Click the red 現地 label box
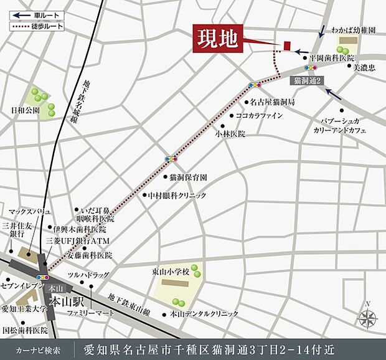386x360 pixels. pyautogui.click(x=217, y=39)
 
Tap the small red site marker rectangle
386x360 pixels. pyautogui.click(x=287, y=45)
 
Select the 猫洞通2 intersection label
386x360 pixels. pyautogui.click(x=306, y=79)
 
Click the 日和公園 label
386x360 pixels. pyautogui.click(x=25, y=111)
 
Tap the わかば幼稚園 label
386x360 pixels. pyautogui.click(x=354, y=30)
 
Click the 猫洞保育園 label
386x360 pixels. pyautogui.click(x=188, y=178)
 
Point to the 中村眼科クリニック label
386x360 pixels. pyautogui.click(x=176, y=196)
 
